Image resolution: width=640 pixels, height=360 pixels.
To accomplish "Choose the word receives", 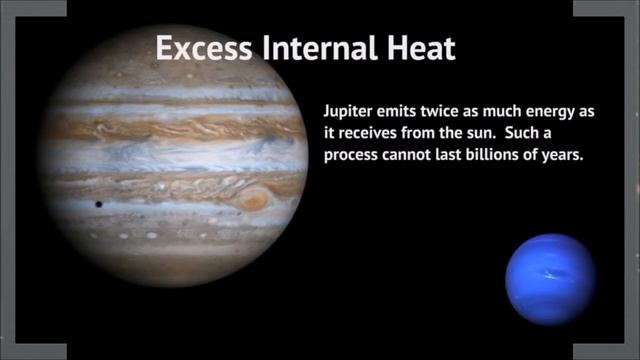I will point(365,135).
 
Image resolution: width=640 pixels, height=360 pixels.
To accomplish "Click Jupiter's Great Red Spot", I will point(255,199).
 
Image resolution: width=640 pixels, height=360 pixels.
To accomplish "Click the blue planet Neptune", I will point(549,279).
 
